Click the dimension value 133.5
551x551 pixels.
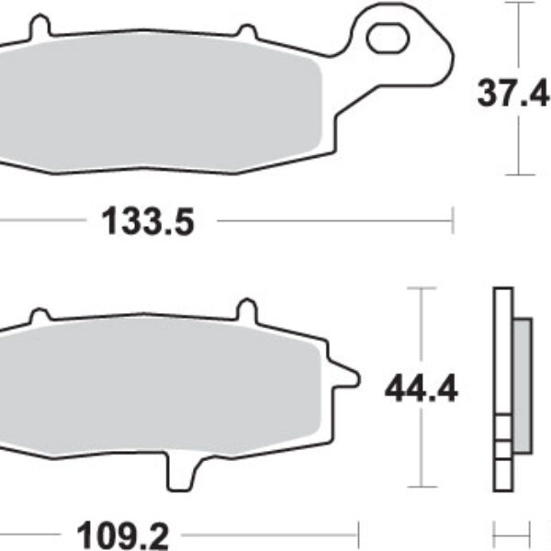pos(148,221)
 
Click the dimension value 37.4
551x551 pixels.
pos(513,93)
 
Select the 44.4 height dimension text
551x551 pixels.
pos(422,388)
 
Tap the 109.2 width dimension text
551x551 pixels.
pos(123,535)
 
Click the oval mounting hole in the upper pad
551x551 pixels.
pos(388,38)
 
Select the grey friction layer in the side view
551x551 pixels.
pos(523,386)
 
